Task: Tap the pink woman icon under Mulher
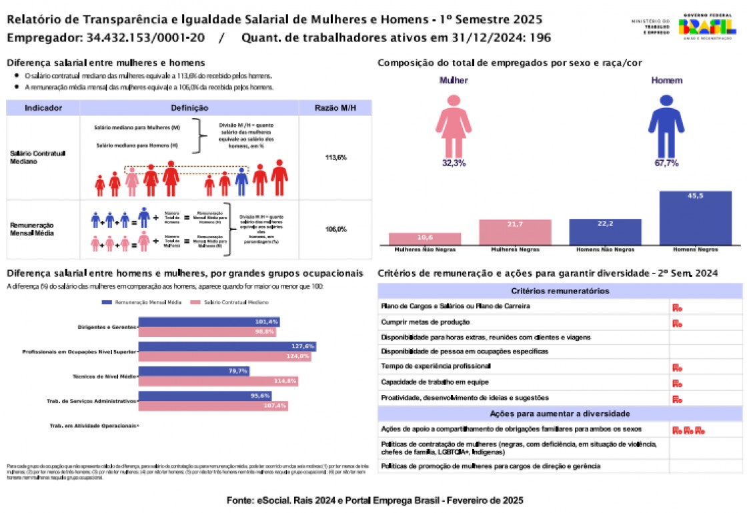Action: coord(454,124)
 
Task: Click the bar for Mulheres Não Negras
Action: coord(425,239)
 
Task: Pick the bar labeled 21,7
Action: coord(515,232)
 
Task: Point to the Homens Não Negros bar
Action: coord(605,231)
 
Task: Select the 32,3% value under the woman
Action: coord(454,163)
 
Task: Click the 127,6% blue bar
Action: coord(227,347)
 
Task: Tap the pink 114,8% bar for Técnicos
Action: coord(218,381)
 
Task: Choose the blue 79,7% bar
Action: coord(193,371)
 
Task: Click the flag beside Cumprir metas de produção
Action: coord(676,324)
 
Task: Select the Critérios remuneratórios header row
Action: coord(560,292)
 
